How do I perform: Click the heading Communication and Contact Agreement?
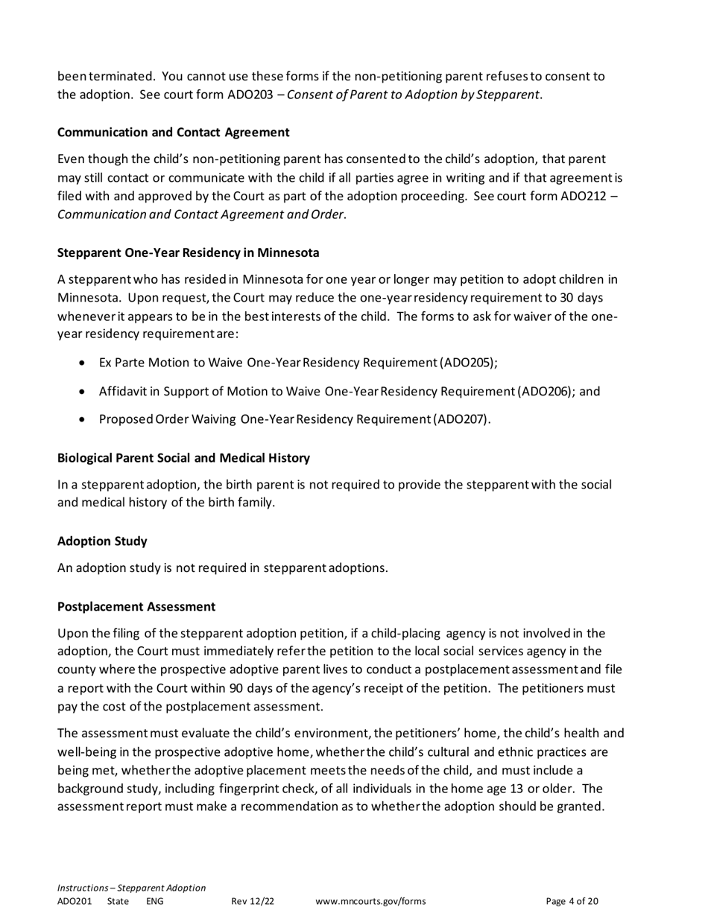pyautogui.click(x=174, y=133)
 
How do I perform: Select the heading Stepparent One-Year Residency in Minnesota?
pyautogui.click(x=188, y=252)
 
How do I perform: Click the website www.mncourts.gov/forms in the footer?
pyautogui.click(x=370, y=901)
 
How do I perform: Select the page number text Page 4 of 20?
pyautogui.click(x=572, y=901)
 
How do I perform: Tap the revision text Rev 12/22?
pyautogui.click(x=253, y=901)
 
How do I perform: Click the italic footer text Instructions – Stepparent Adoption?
pyautogui.click(x=131, y=888)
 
